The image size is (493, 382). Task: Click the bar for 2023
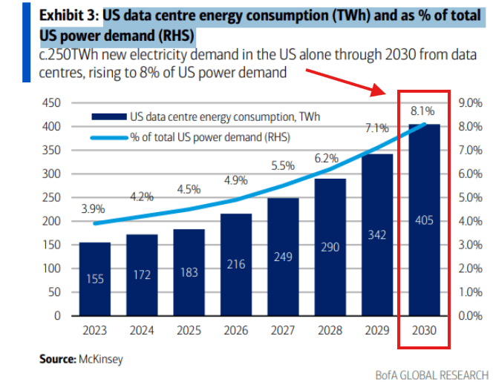tap(94, 278)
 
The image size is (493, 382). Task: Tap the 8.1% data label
tap(422, 111)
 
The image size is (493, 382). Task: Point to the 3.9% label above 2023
tap(93, 208)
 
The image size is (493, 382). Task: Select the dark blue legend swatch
tap(108, 116)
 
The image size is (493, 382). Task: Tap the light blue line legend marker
tap(108, 136)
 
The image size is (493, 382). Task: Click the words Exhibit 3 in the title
tap(68, 14)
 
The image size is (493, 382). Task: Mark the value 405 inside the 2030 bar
tap(423, 220)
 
